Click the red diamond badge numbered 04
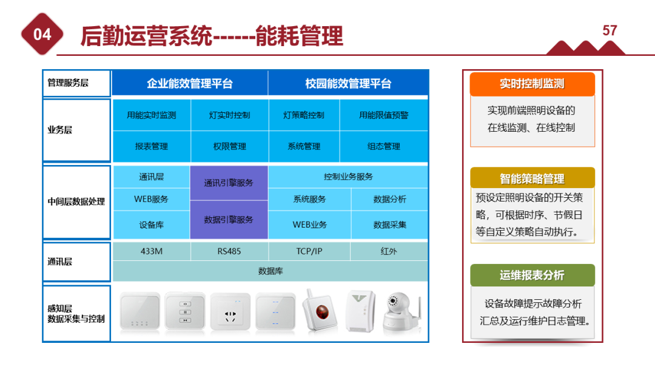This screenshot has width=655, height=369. [42, 34]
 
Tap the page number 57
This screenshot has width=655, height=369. [610, 30]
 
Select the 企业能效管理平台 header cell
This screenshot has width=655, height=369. [189, 84]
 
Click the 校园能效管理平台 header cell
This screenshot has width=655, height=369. [348, 84]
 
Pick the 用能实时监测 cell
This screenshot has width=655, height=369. [152, 115]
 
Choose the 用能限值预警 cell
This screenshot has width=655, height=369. [383, 115]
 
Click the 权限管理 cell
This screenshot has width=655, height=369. [229, 146]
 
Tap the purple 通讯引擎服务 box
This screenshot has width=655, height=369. [229, 183]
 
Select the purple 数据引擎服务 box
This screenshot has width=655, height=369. [229, 220]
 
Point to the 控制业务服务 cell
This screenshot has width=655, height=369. [348, 177]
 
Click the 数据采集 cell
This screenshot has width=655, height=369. [389, 225]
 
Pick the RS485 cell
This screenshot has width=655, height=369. [229, 251]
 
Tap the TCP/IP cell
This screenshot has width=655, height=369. [309, 251]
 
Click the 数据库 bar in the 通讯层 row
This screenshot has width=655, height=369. [270, 271]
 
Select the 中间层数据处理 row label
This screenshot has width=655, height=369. [76, 201]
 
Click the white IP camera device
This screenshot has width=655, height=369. [400, 311]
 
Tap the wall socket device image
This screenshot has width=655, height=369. [230, 313]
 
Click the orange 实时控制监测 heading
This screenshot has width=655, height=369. [532, 84]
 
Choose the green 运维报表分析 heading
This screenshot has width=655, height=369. [532, 276]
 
